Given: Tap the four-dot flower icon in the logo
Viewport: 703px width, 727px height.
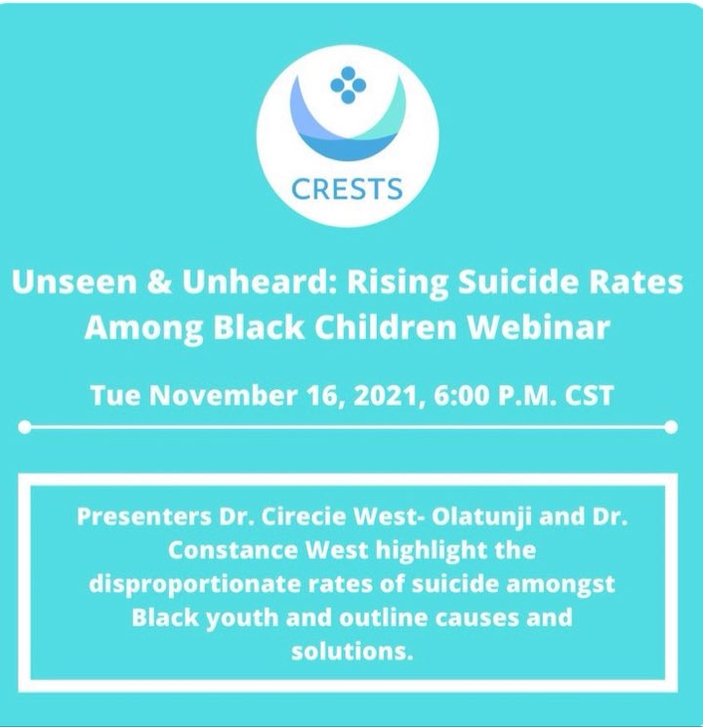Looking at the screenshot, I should click(348, 87).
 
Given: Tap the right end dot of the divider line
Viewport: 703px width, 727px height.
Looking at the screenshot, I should click(671, 427).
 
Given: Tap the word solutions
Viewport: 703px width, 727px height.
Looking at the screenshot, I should click(348, 651).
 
